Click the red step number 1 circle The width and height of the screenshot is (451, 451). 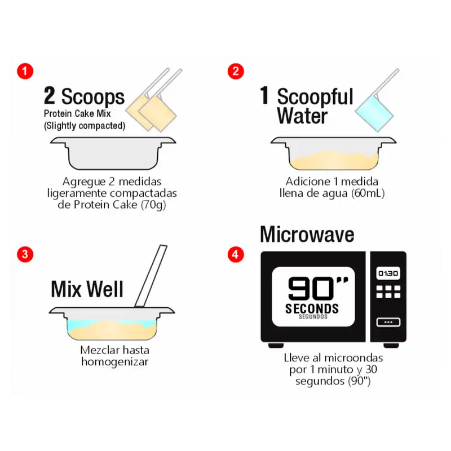pyautogui.click(x=25, y=71)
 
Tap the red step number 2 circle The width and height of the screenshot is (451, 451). pyautogui.click(x=236, y=71)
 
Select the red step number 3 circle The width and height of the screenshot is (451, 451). pyautogui.click(x=25, y=254)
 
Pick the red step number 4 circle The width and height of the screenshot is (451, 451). pyautogui.click(x=236, y=254)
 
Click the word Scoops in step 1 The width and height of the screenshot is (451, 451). pyautogui.click(x=93, y=97)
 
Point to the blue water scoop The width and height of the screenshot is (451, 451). pyautogui.click(x=374, y=112)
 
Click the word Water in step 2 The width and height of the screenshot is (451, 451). pyautogui.click(x=302, y=116)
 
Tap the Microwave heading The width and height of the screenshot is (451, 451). pyautogui.click(x=307, y=235)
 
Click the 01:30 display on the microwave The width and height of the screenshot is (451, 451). pyautogui.click(x=388, y=273)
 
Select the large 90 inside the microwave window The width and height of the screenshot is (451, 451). pyautogui.click(x=311, y=289)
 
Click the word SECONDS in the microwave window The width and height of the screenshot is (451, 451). pyautogui.click(x=312, y=308)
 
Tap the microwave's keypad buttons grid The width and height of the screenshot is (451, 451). pyautogui.click(x=388, y=291)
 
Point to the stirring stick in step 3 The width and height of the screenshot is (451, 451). pyautogui.click(x=151, y=276)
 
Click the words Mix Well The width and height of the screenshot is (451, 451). pyautogui.click(x=87, y=289)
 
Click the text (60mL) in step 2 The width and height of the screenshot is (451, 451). pyautogui.click(x=368, y=193)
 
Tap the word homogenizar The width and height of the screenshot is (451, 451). pyautogui.click(x=115, y=362)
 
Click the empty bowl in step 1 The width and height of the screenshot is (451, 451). pyautogui.click(x=113, y=153)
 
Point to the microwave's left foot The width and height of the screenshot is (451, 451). pyautogui.click(x=276, y=345)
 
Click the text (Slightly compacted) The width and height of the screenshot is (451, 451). pyautogui.click(x=85, y=126)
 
